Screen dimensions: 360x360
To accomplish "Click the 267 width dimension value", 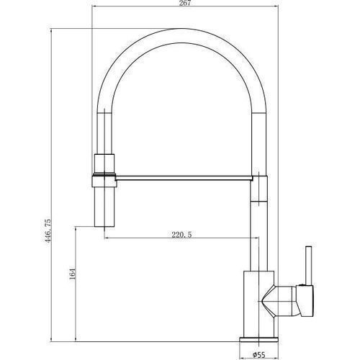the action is (x=185, y=3).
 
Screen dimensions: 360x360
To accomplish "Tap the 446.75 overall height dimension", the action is (x=48, y=230).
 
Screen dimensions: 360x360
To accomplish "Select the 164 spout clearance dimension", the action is (x=72, y=274).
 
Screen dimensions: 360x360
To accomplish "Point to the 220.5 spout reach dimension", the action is (x=181, y=235).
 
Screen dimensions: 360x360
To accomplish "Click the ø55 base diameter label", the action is (x=259, y=354).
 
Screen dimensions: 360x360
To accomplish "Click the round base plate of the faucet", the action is (x=259, y=339).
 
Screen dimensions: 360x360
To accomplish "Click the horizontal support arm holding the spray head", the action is (x=184, y=178).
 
